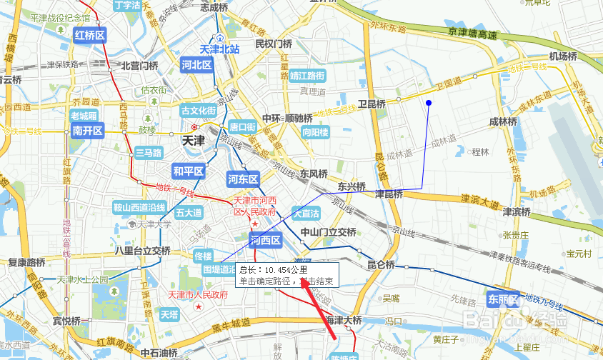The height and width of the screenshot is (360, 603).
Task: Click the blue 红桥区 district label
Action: [90, 35]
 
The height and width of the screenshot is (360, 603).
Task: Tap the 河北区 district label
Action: [197, 65]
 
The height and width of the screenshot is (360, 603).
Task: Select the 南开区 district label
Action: [89, 131]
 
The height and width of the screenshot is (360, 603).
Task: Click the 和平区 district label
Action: [189, 171]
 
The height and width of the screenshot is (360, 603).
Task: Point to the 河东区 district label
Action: [243, 178]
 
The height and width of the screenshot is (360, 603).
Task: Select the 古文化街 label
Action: [198, 111]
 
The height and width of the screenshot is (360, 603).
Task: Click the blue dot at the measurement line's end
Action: [429, 104]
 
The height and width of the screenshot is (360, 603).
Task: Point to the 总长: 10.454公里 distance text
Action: [274, 270]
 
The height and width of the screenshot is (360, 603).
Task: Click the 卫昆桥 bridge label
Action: [372, 104]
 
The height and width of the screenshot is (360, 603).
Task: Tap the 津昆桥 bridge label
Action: [389, 194]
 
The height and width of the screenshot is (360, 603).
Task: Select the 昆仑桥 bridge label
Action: [381, 265]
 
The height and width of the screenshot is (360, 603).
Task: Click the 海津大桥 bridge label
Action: [343, 320]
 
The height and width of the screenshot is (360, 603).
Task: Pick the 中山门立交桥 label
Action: [328, 232]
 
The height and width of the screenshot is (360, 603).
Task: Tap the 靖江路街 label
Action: [307, 75]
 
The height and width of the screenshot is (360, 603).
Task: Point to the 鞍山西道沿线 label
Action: [139, 208]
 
